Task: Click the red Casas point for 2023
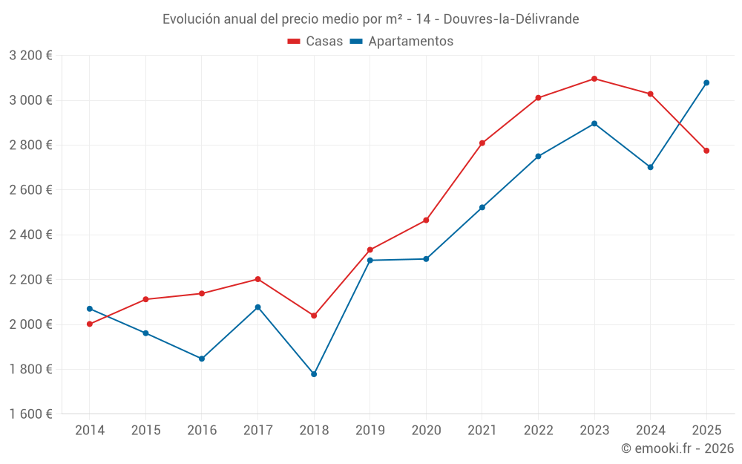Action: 594,79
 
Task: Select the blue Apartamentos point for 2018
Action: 314,374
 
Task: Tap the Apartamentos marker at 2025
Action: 706,82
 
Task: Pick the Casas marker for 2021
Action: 482,143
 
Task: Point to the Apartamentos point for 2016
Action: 202,359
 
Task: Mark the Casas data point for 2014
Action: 89,324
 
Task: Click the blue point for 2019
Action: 370,260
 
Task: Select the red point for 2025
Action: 706,151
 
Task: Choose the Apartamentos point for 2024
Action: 650,167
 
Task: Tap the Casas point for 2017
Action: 257,279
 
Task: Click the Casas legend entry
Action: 316,42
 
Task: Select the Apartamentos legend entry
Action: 402,42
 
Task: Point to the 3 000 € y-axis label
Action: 30,100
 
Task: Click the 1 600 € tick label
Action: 30,414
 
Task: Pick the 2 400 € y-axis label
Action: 30,235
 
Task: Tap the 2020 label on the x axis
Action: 426,430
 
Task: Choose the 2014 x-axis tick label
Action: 89,430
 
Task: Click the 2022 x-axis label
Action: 538,430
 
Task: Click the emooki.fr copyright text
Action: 677,448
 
